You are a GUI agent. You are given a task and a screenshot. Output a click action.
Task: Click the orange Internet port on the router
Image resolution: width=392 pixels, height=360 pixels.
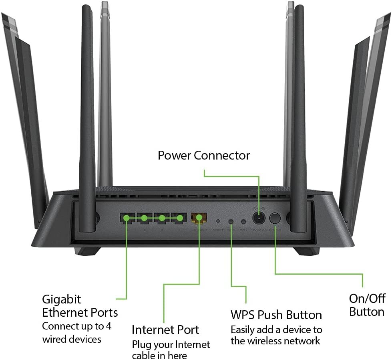pos(199,218)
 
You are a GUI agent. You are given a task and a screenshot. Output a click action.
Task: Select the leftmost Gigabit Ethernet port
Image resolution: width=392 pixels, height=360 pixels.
pos(127,218)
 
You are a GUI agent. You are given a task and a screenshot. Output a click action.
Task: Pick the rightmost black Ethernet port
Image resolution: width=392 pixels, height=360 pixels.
pos(180,218)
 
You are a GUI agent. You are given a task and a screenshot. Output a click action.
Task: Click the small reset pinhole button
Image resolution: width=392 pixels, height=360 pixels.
pos(218,221)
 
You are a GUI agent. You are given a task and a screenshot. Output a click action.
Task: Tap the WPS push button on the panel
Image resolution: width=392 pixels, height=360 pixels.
pos(231,221)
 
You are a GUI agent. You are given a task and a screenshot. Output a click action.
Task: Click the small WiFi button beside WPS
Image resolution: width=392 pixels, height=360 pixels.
pos(243,221)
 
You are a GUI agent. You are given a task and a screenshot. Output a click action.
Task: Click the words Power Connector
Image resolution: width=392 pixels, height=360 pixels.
pos(203,155)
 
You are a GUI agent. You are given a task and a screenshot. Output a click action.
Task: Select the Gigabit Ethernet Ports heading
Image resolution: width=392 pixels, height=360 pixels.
pos(80,305)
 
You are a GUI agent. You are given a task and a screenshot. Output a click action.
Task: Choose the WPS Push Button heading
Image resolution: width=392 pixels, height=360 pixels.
pos(276,314)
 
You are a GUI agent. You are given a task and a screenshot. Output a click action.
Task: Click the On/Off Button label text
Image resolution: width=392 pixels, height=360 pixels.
pos(367,305)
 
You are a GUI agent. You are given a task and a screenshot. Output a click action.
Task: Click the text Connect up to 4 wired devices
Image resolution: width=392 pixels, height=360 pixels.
pos(76,332)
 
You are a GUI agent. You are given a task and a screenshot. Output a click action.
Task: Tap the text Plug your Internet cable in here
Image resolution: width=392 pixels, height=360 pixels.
pos(171,350)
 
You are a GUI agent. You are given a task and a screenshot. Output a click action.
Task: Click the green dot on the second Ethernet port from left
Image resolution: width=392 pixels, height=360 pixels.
pos(144,218)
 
